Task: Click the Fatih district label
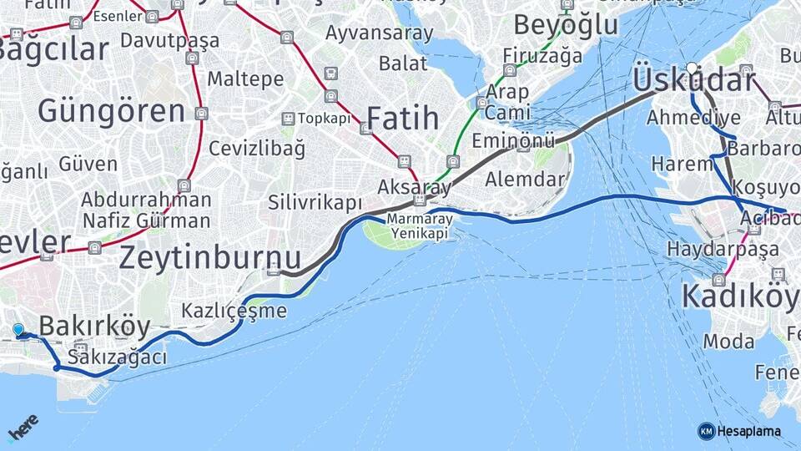click(402, 118)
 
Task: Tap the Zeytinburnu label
click(209, 257)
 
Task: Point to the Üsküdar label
click(693, 81)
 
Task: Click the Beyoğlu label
click(566, 25)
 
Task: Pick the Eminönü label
click(513, 141)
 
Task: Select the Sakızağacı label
click(117, 357)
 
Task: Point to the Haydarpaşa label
click(723, 249)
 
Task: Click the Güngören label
click(111, 111)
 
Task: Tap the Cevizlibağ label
click(256, 149)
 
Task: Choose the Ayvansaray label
click(380, 33)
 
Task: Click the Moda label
click(728, 341)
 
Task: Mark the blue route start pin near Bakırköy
click(18, 330)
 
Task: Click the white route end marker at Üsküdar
click(692, 67)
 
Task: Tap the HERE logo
click(23, 427)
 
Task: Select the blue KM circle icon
click(706, 431)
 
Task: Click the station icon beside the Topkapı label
click(288, 119)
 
